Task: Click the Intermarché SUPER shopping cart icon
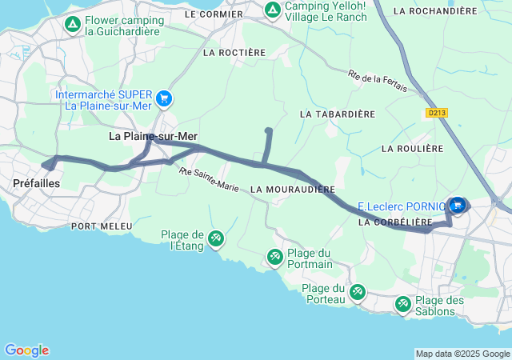[x=165, y=98]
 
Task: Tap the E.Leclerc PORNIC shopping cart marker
[x=458, y=205]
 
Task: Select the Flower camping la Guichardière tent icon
[x=73, y=25]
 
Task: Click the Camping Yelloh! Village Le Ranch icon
[x=272, y=10]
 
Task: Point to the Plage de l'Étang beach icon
[x=216, y=239]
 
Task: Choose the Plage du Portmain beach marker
[x=274, y=257]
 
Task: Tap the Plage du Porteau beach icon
[x=358, y=293]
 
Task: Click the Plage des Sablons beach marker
[x=402, y=304]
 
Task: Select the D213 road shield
[x=436, y=114]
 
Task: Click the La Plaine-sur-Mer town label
[x=153, y=137]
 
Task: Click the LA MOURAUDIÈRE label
[x=292, y=190]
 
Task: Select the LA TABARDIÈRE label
[x=337, y=114]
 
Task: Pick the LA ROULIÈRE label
[x=412, y=149]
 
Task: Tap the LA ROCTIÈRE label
[x=234, y=53]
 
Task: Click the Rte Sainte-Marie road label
[x=210, y=180]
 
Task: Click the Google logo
[x=26, y=350]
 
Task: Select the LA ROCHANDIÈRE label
[x=436, y=11]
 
